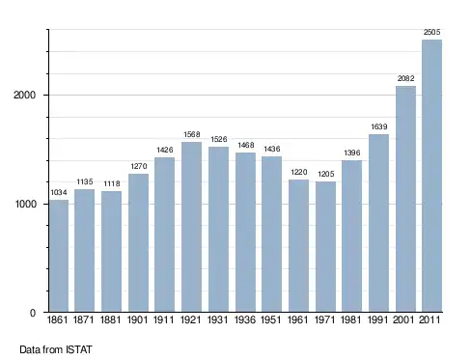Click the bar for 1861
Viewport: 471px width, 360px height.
(x=59, y=256)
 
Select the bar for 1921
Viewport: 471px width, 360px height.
(x=191, y=227)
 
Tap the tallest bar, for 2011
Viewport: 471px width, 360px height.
(x=431, y=176)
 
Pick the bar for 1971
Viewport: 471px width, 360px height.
(x=325, y=247)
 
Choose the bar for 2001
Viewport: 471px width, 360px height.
(x=405, y=199)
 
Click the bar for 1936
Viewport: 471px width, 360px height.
(x=245, y=233)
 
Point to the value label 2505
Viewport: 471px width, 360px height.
(x=431, y=32)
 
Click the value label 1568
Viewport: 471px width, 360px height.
(x=192, y=134)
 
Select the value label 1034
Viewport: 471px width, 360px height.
(x=59, y=192)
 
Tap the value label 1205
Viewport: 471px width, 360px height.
(x=326, y=174)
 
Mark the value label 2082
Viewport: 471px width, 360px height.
(x=405, y=78)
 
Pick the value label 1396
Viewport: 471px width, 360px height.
(x=352, y=152)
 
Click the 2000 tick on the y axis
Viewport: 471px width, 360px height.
(x=24, y=95)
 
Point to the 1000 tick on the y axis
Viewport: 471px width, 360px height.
(x=25, y=204)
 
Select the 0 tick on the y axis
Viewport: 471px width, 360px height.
(x=33, y=313)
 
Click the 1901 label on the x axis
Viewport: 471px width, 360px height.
(x=137, y=320)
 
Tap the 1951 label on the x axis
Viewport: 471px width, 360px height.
(x=270, y=320)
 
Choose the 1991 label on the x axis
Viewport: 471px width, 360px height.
(x=377, y=320)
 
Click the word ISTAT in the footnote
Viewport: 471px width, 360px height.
(x=79, y=349)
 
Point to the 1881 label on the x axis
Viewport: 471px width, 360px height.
(x=111, y=320)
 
